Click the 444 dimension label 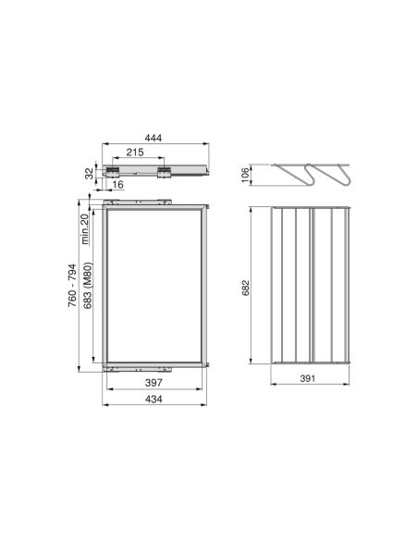[x=154, y=138]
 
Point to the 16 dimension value [x=119, y=185]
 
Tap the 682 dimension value [x=245, y=287]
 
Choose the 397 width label [x=154, y=381]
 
